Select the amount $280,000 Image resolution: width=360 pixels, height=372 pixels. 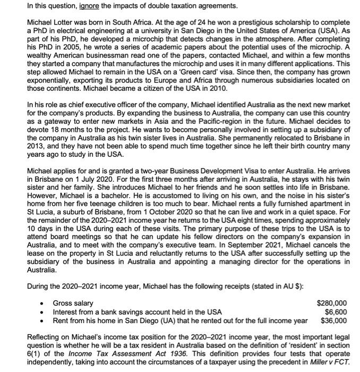(332, 303)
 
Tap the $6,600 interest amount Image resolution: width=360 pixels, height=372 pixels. (336, 311)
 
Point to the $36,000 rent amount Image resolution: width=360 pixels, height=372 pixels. (334, 320)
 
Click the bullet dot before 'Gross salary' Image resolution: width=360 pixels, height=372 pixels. (41, 303)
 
